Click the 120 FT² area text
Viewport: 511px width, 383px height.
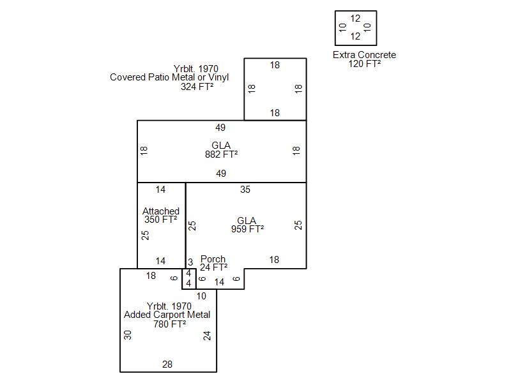(365, 64)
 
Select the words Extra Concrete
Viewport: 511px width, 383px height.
(364, 55)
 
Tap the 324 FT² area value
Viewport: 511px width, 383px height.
(197, 86)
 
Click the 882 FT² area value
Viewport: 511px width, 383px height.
(221, 154)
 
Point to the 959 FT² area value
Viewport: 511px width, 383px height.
(247, 229)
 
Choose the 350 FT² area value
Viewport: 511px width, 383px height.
(160, 220)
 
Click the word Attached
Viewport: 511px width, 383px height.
(161, 211)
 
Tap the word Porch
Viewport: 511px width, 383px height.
(213, 259)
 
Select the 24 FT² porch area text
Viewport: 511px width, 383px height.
(213, 267)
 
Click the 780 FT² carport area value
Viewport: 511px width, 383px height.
(169, 324)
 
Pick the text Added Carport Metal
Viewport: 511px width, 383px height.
(167, 315)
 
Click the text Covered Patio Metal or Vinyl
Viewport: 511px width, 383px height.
(169, 77)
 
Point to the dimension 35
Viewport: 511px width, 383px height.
(245, 190)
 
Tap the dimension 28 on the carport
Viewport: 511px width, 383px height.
(167, 364)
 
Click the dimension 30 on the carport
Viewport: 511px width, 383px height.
(128, 334)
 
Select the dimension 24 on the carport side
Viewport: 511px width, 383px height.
(207, 335)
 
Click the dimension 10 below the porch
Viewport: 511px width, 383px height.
(201, 296)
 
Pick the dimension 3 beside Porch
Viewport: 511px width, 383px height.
(190, 262)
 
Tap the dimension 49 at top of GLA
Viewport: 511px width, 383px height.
(220, 128)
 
